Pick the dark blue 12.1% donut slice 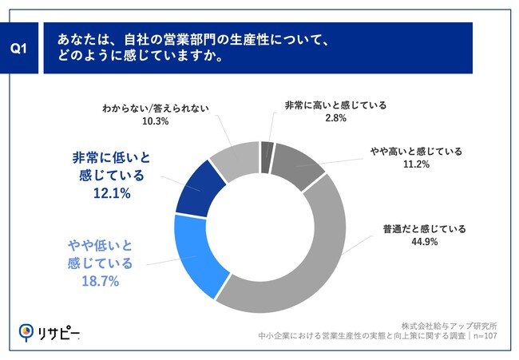point(195,190)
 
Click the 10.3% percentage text point(156,121)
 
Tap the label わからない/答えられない point(156,107)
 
